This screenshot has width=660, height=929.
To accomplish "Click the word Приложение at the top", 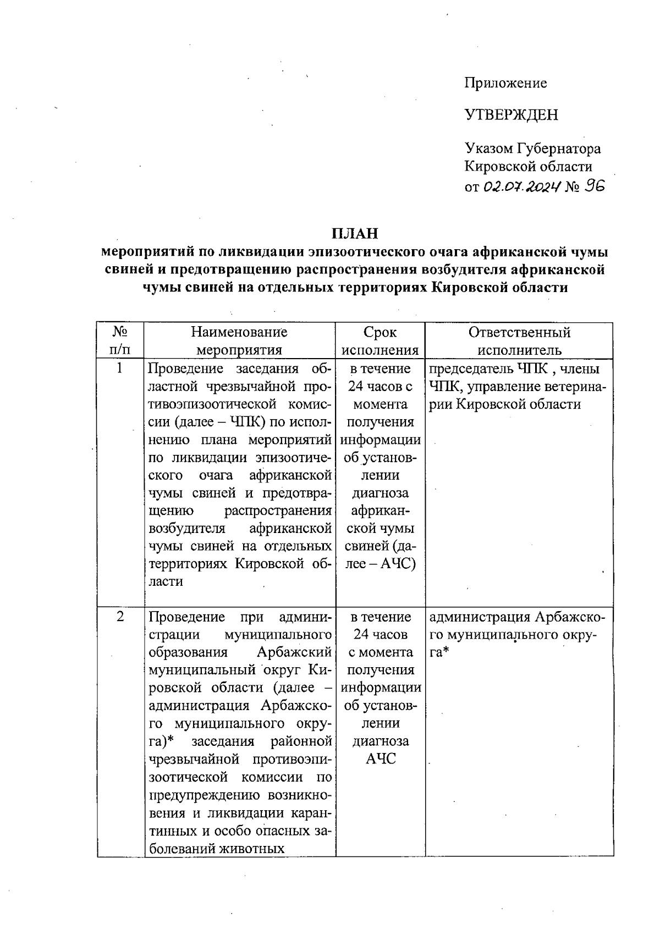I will click(505, 83).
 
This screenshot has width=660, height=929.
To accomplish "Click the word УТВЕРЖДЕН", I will click(511, 115).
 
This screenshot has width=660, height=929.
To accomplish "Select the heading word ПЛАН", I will click(355, 233).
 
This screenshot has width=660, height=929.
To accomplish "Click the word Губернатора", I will click(559, 149).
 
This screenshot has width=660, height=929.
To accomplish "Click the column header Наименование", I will click(239, 332).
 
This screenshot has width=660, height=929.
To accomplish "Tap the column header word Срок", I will click(380, 332).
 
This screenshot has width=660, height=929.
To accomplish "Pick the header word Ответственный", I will click(519, 332).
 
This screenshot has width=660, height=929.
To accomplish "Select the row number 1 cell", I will click(120, 368).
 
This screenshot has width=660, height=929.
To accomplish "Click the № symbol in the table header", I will click(120, 332).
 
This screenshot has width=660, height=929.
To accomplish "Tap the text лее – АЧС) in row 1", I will click(381, 564).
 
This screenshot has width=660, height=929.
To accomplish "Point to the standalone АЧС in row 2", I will click(381, 758).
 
